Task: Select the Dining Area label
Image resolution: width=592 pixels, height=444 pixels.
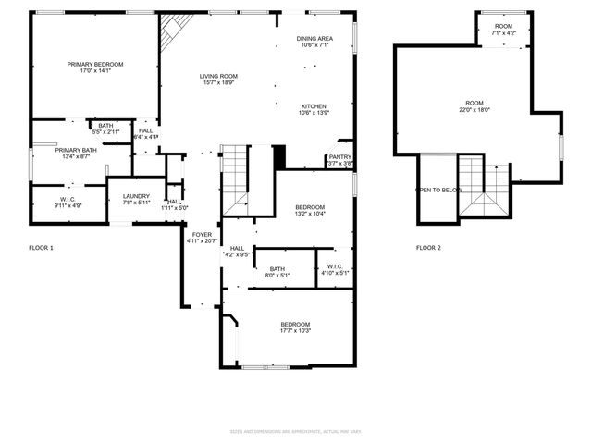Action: tap(314, 41)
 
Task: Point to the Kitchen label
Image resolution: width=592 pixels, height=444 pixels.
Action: tap(314, 109)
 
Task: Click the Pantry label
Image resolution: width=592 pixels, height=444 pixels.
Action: tap(340, 160)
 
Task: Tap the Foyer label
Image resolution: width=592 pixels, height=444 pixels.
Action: tap(202, 238)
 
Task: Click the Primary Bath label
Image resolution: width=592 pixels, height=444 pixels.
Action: tap(76, 153)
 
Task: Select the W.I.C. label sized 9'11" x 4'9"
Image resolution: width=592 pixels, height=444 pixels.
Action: tap(68, 202)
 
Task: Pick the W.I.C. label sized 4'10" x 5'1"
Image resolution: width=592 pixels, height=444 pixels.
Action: tap(335, 269)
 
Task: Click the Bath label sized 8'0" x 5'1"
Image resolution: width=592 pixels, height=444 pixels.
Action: tap(277, 271)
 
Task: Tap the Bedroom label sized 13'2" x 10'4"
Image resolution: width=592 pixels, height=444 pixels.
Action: tap(310, 210)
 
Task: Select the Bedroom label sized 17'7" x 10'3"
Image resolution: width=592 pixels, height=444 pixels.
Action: tap(296, 327)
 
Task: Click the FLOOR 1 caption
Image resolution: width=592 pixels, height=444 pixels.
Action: tap(42, 248)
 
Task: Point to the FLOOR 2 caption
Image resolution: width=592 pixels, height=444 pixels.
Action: tap(428, 248)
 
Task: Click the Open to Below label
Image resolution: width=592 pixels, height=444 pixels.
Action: tap(438, 190)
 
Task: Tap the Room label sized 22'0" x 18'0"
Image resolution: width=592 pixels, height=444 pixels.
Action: tap(475, 105)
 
